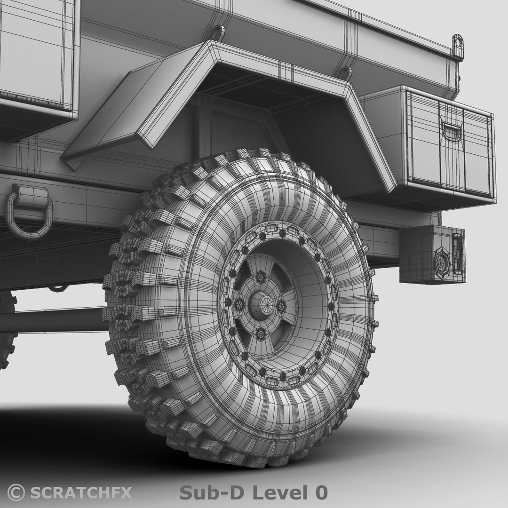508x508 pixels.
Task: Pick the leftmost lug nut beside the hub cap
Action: pos(239,302)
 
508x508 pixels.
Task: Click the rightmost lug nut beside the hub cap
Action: pos(281,307)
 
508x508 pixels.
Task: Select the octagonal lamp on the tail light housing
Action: pos(442,259)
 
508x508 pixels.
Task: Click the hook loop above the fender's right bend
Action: pos(346,73)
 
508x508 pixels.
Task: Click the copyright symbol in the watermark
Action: pos(16,492)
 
